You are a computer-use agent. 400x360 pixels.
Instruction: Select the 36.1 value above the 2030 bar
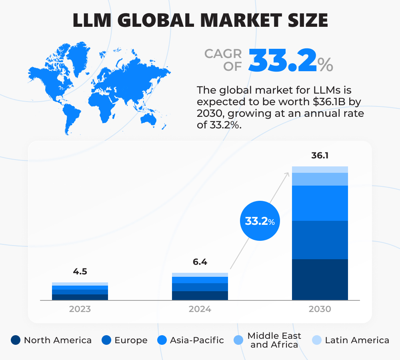coord(320,156)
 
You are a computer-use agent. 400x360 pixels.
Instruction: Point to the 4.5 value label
coord(80,272)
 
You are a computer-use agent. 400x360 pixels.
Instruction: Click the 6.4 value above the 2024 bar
coord(200,262)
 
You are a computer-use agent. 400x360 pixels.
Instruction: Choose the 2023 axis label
coord(80,309)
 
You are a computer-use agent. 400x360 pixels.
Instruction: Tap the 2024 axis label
coord(200,309)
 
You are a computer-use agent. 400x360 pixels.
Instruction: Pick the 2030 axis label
coord(320,309)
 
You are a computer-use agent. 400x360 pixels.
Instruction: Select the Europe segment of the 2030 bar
coord(320,240)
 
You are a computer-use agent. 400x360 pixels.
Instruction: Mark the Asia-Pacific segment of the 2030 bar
coord(320,203)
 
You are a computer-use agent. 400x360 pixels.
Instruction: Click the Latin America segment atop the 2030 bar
coord(320,169)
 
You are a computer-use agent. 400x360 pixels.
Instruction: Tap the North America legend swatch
coord(16,340)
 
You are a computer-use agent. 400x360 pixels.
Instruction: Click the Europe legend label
coord(131,340)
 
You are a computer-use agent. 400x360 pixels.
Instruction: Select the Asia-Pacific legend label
coord(197,340)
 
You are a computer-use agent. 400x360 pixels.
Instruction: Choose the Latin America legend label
coord(357,340)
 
